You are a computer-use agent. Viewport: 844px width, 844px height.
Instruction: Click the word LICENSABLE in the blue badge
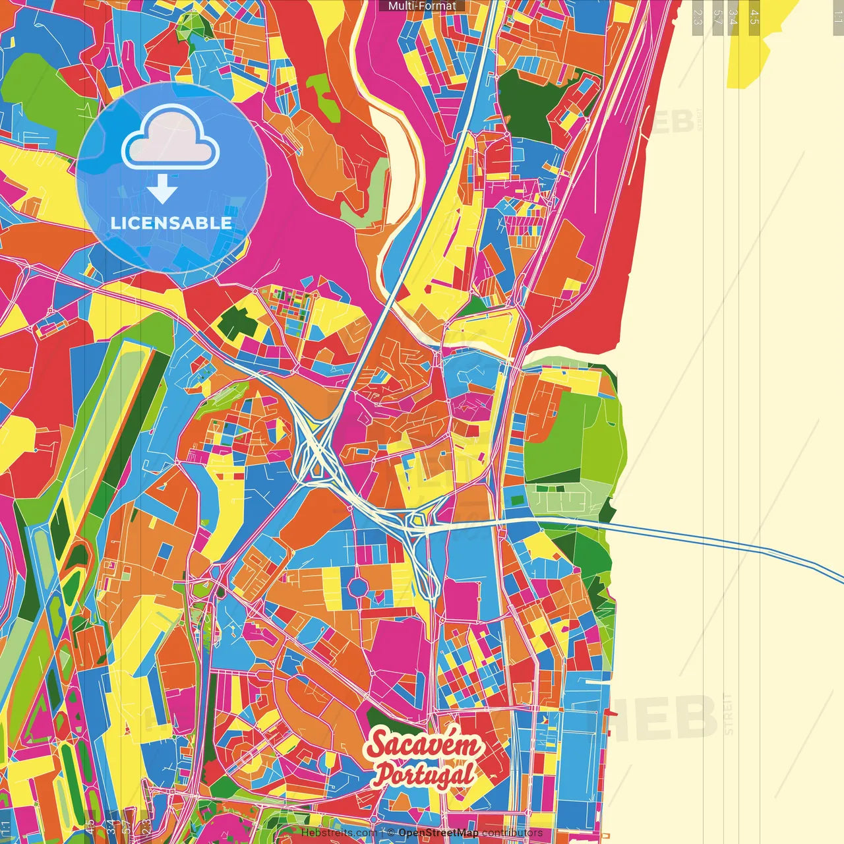click(171, 223)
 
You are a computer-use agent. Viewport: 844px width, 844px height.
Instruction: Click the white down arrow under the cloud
click(162, 190)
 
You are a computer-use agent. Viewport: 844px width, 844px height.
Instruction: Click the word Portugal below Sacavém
click(425, 774)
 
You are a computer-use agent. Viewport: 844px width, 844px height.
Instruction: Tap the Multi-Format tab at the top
click(422, 6)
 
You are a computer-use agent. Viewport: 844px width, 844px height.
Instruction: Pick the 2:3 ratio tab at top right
click(698, 16)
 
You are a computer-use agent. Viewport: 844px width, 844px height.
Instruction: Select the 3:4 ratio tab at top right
click(733, 16)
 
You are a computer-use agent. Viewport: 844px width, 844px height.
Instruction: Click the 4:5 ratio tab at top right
click(754, 16)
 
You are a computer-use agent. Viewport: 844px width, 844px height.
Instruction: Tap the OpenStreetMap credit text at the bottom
click(438, 833)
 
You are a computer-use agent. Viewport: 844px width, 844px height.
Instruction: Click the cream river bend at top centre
click(396, 145)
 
